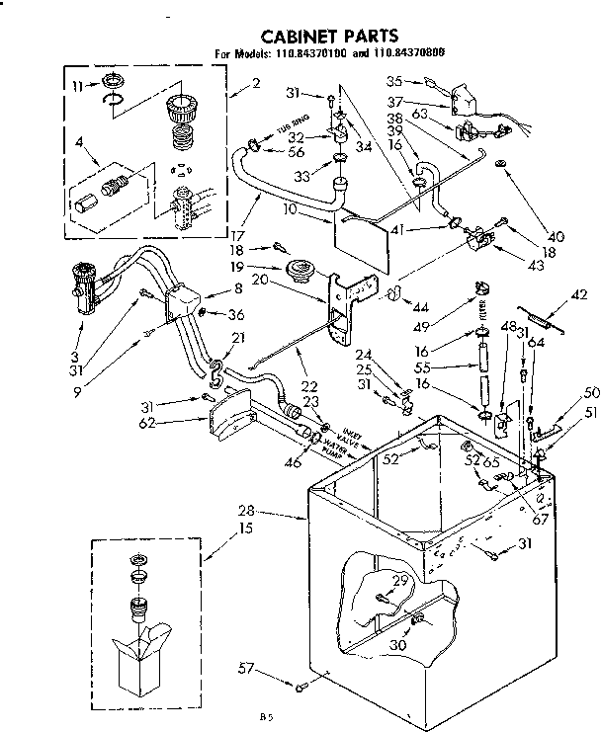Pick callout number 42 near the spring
pos(579,292)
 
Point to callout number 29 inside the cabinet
pos(399,579)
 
